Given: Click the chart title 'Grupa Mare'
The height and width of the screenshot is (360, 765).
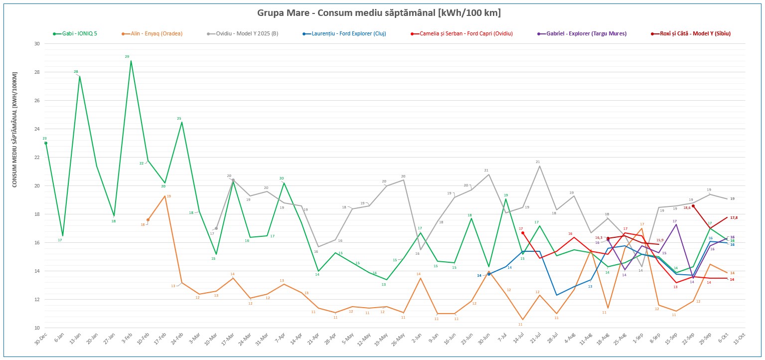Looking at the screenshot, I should click(379, 12).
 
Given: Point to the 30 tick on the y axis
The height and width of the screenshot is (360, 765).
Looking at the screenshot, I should click(36, 44).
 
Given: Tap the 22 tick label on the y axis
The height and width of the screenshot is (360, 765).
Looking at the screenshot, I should click(36, 158).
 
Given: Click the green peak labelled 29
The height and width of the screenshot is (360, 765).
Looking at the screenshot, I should click(131, 61).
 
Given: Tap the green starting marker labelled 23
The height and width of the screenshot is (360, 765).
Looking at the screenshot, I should click(46, 143).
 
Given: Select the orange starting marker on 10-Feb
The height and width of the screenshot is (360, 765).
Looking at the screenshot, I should click(148, 220).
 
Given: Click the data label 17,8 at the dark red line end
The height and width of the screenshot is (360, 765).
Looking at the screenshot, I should click(734, 217).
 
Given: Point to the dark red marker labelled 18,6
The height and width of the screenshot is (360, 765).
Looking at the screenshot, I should click(693, 206).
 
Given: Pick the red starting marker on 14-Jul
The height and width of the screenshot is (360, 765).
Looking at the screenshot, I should click(523, 233).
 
